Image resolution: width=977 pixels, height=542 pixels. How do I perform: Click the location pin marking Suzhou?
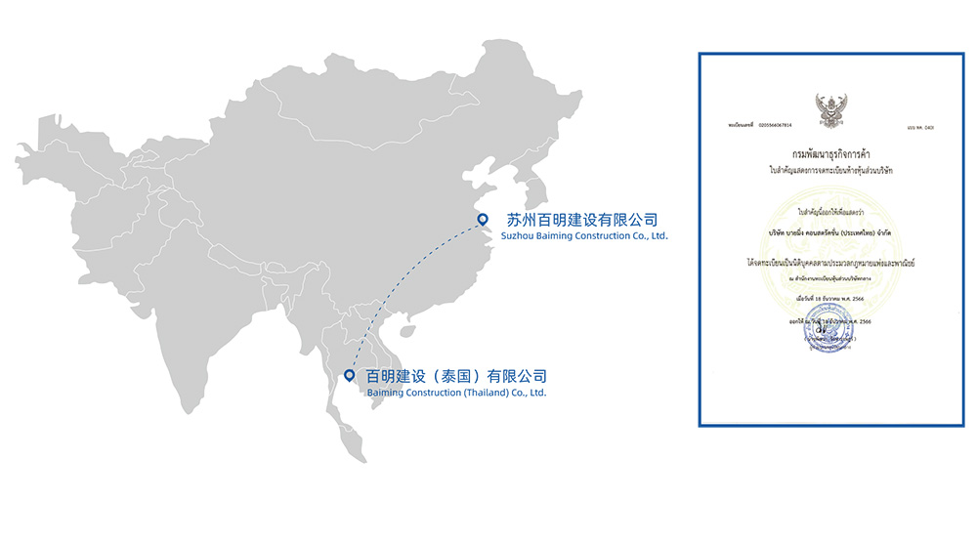coord(481,220)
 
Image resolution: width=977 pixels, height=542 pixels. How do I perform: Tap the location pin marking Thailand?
coord(349,375)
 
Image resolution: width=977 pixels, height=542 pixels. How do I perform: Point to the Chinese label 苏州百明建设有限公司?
coord(581,219)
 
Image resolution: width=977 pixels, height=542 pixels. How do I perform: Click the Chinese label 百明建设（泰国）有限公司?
coord(456,375)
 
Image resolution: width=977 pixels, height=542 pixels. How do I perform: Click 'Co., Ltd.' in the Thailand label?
coord(529,393)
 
